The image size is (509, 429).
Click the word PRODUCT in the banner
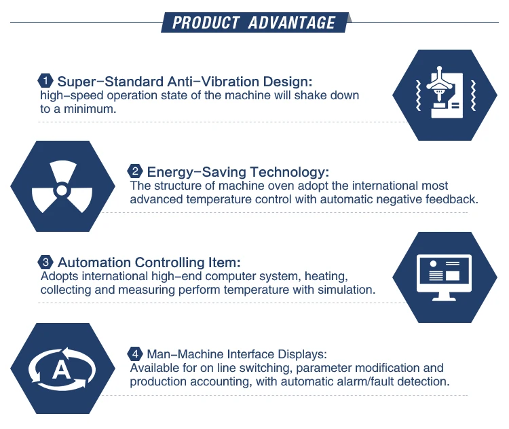tap(206, 22)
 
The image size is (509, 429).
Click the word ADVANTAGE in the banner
tap(292, 22)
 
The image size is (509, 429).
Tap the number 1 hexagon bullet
tap(45, 81)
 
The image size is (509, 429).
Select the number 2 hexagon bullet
tap(135, 171)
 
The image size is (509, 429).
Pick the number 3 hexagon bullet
tap(45, 262)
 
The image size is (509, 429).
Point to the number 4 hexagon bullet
tap(135, 354)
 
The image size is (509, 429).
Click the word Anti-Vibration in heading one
tap(213, 82)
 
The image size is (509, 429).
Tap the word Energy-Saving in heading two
tap(197, 172)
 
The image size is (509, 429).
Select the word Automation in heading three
tap(94, 262)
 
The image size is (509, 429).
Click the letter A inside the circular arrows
tap(62, 370)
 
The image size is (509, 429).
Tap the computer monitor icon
tap(444, 277)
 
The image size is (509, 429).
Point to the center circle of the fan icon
tap(62, 190)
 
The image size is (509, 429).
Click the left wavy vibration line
tap(419, 96)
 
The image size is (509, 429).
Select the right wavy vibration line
tap(473, 96)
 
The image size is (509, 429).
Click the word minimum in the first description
tap(90, 109)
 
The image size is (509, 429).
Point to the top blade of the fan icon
tap(63, 171)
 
